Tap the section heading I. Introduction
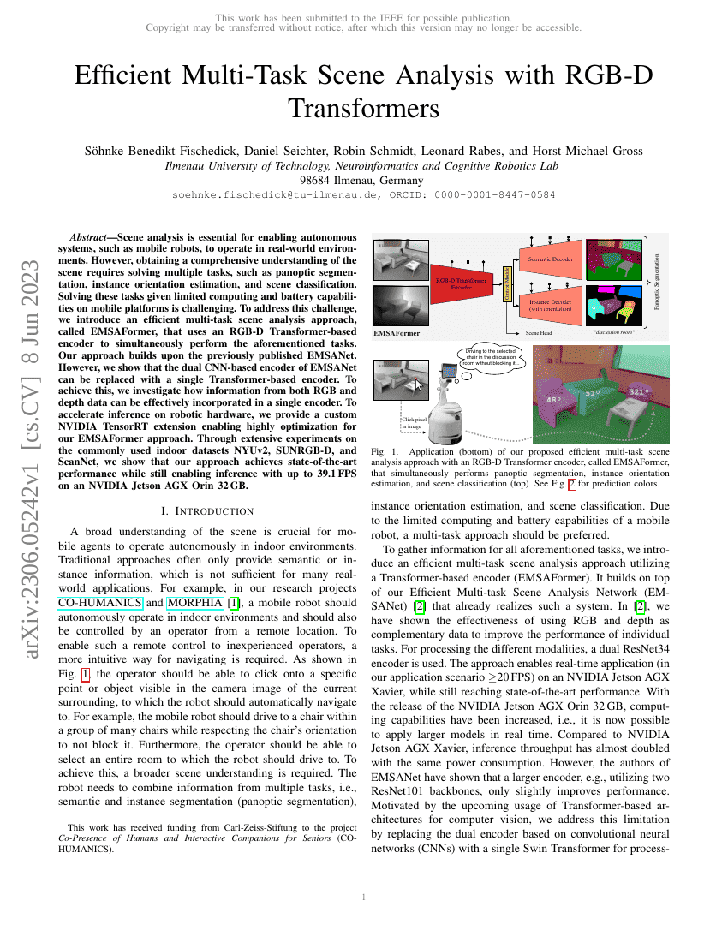tap(201, 511)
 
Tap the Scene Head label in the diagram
tap(539, 332)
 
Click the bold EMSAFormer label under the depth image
tap(397, 332)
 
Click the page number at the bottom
tap(364, 897)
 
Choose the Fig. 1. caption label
tap(384, 451)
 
